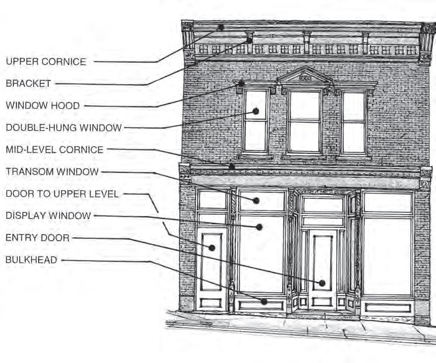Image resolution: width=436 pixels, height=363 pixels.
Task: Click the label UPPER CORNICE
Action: tap(45, 62)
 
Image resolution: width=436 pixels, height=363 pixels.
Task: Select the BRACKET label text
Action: tap(29, 83)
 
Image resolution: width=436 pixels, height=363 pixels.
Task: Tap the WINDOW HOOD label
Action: tap(42, 106)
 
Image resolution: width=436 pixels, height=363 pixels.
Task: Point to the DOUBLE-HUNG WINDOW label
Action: tap(63, 128)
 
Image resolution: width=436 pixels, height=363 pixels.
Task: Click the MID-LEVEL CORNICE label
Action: tap(54, 149)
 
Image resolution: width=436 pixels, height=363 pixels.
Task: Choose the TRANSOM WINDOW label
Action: tap(52, 171)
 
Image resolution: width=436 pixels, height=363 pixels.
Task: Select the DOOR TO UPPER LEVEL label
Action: tap(62, 194)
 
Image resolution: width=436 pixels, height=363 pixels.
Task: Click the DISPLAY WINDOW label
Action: tap(48, 215)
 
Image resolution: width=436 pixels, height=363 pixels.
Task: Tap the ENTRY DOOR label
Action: tap(37, 238)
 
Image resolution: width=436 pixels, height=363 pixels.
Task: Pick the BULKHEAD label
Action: tap(31, 260)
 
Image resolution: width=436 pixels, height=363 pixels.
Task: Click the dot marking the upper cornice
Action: tap(221, 28)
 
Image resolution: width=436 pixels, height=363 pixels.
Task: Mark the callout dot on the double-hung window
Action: tap(255, 111)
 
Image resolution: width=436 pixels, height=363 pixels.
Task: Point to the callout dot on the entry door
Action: tap(322, 283)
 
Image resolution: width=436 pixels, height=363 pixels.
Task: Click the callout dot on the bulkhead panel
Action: tap(264, 301)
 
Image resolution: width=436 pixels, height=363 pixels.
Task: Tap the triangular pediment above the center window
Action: tap(305, 76)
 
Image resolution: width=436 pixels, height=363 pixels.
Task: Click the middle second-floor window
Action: tap(305, 121)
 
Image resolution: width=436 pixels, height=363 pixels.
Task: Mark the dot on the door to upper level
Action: tap(212, 248)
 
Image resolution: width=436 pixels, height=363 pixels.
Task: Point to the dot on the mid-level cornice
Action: tap(231, 166)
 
